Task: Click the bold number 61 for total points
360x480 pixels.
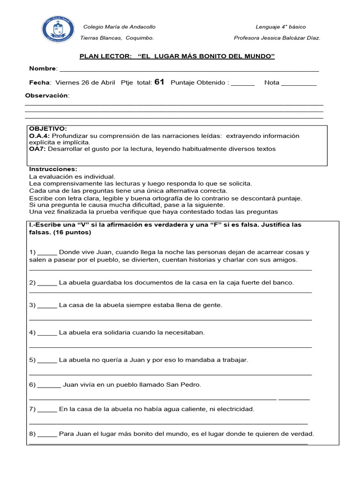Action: [159, 82]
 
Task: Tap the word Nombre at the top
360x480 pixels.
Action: [42, 69]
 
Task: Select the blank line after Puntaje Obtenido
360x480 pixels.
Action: [243, 84]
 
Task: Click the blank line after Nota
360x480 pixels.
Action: [299, 84]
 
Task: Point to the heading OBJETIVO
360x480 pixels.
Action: [48, 128]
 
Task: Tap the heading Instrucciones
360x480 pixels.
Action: [53, 169]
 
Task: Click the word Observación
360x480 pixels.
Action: [46, 96]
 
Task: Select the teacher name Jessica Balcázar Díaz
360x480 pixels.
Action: [293, 38]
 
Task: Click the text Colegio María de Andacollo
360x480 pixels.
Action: [119, 27]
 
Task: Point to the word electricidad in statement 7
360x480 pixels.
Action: [235, 409]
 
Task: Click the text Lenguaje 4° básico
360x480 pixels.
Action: [280, 27]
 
